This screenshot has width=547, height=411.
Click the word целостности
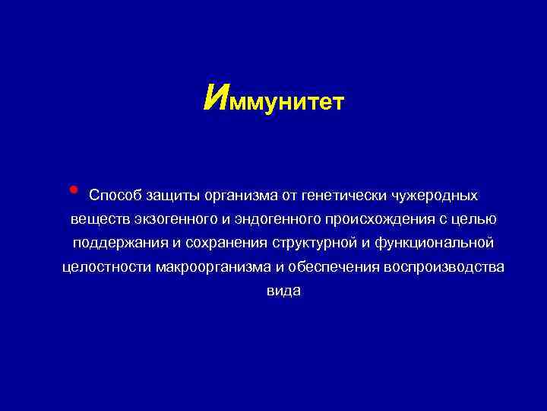[105, 267]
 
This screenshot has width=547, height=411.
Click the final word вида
[283, 291]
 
